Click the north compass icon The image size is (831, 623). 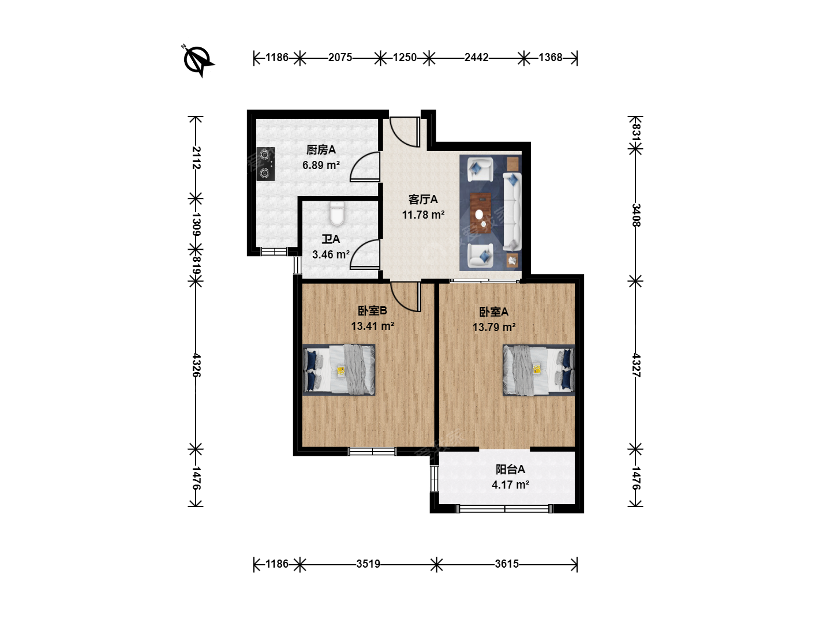[x=198, y=61]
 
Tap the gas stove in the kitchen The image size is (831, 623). [x=266, y=164]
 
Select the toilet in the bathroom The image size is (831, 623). [x=336, y=213]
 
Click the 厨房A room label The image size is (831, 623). [x=321, y=150]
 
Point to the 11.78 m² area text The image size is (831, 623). [x=423, y=215]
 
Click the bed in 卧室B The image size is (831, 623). [x=339, y=370]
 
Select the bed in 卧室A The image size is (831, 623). [x=539, y=370]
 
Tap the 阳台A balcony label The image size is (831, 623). [x=510, y=470]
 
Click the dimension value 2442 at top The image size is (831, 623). [x=476, y=58]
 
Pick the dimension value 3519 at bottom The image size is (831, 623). [x=368, y=564]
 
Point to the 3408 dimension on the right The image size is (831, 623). [x=636, y=215]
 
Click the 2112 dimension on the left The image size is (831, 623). [x=196, y=157]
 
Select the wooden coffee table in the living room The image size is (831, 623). [x=481, y=213]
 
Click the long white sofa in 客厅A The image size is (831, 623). [x=512, y=212]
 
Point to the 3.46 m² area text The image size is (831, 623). [x=331, y=254]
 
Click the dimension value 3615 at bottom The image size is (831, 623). [x=507, y=564]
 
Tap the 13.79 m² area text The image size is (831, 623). [x=493, y=327]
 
